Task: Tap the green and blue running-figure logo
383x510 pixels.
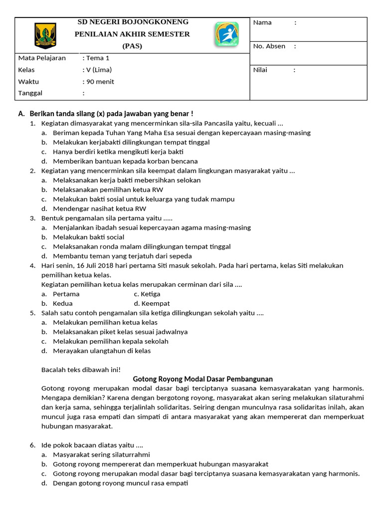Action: point(226,34)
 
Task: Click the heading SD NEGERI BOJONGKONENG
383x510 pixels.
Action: point(132,22)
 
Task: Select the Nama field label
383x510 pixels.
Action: point(262,22)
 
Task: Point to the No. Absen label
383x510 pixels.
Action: point(269,46)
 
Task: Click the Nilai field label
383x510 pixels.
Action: point(260,70)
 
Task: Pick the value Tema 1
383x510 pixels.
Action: point(98,58)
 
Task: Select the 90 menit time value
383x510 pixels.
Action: point(100,82)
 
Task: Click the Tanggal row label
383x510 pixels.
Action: point(30,93)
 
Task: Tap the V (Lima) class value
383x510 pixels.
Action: point(99,70)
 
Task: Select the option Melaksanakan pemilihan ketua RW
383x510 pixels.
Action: point(108,190)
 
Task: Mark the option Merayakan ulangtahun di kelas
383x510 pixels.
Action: point(101,351)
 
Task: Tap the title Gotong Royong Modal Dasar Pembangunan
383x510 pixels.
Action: point(203,379)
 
